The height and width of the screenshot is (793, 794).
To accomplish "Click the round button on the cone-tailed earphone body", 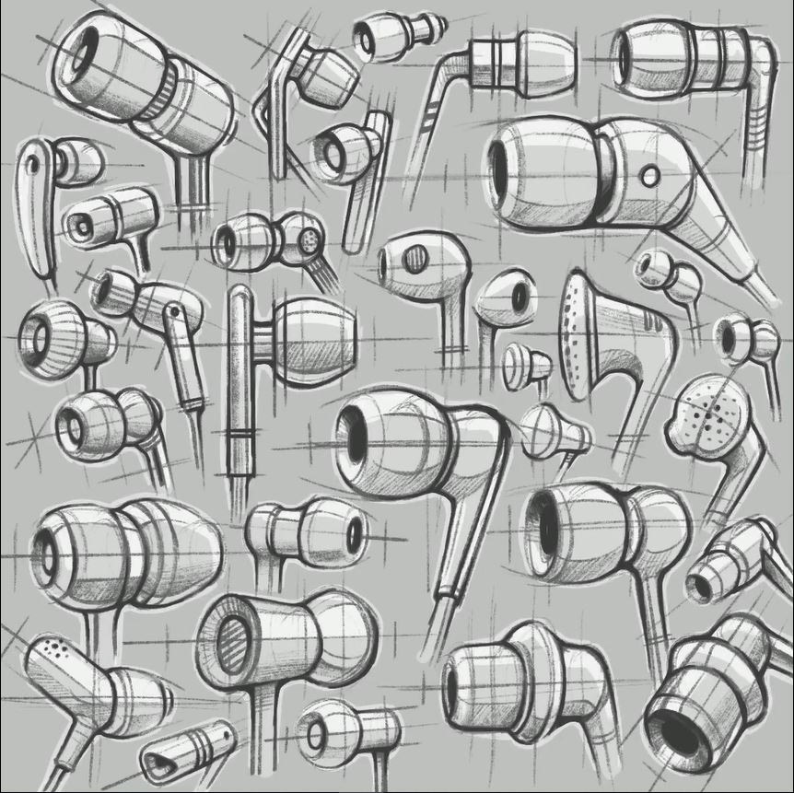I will (x=650, y=174).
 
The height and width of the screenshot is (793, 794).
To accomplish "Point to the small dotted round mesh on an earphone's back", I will (x=310, y=241).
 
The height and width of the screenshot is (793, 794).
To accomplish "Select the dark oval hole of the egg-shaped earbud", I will (x=520, y=297).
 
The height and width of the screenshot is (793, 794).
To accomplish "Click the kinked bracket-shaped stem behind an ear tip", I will (x=276, y=101).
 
